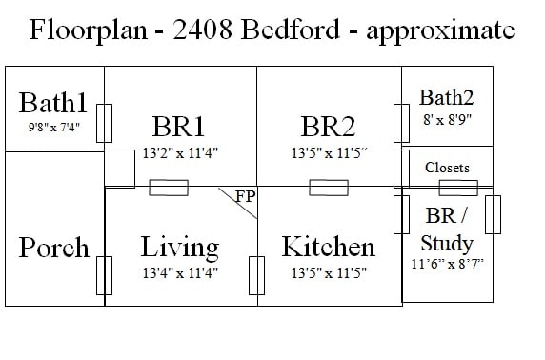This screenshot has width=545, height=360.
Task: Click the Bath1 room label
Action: [x=53, y=103]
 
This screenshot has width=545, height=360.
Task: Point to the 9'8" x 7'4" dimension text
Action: [x=53, y=125]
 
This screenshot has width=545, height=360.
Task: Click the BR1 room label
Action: [x=178, y=127]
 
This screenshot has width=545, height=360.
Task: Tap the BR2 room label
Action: [x=328, y=127]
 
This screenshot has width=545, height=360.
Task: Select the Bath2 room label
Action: [x=447, y=97]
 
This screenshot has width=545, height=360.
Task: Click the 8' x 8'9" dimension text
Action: [x=447, y=120]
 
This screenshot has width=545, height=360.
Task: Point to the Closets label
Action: [x=447, y=168]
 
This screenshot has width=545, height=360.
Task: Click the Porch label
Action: [x=53, y=248]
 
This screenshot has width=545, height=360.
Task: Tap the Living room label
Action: [x=179, y=248]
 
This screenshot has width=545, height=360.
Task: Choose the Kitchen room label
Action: [x=328, y=248]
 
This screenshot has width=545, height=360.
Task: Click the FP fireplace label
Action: [x=245, y=197]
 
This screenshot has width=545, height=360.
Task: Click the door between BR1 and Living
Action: [x=169, y=188]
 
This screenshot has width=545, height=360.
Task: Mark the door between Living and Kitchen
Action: [x=255, y=275]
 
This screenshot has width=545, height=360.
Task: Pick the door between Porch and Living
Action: [x=106, y=275]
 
